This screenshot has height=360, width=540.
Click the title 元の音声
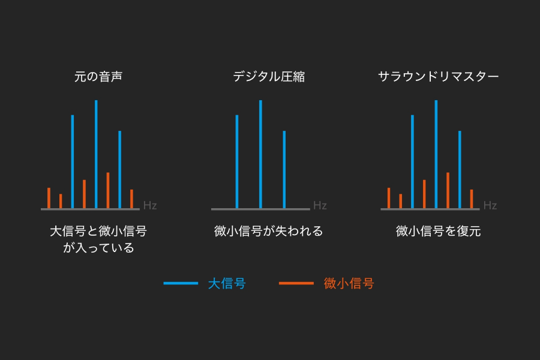click(x=98, y=77)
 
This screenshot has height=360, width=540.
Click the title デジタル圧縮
click(x=269, y=77)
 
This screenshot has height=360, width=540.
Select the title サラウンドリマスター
click(x=439, y=77)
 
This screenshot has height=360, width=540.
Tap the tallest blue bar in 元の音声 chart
click(x=96, y=154)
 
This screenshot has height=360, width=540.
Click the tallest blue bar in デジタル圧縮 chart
click(x=260, y=154)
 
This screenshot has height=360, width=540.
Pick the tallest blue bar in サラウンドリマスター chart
click(x=436, y=154)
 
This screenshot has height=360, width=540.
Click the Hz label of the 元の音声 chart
click(x=150, y=206)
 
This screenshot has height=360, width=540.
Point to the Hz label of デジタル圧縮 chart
click(x=320, y=206)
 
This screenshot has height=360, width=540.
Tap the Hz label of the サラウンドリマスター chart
click(x=490, y=206)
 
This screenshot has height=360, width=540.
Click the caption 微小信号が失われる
click(x=269, y=231)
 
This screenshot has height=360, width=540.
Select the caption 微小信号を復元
click(x=439, y=231)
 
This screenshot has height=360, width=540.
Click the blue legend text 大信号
click(x=227, y=284)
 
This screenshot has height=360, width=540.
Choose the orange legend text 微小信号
click(x=349, y=284)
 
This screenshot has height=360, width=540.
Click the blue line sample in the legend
click(x=181, y=283)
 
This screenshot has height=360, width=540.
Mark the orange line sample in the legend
click(x=296, y=283)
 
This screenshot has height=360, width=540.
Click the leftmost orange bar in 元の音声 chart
click(x=49, y=198)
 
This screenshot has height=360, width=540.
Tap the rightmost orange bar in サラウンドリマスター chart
click(x=472, y=199)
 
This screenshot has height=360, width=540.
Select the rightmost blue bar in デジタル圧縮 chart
click(x=284, y=170)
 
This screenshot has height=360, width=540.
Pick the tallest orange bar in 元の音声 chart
click(x=108, y=191)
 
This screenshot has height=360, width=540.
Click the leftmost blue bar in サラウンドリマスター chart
click(x=413, y=161)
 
